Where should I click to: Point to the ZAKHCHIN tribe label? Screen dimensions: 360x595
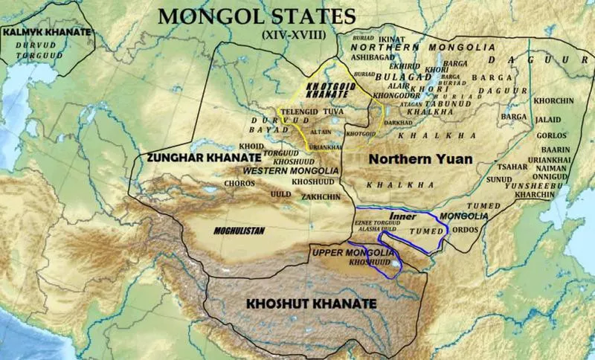point(321,196)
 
